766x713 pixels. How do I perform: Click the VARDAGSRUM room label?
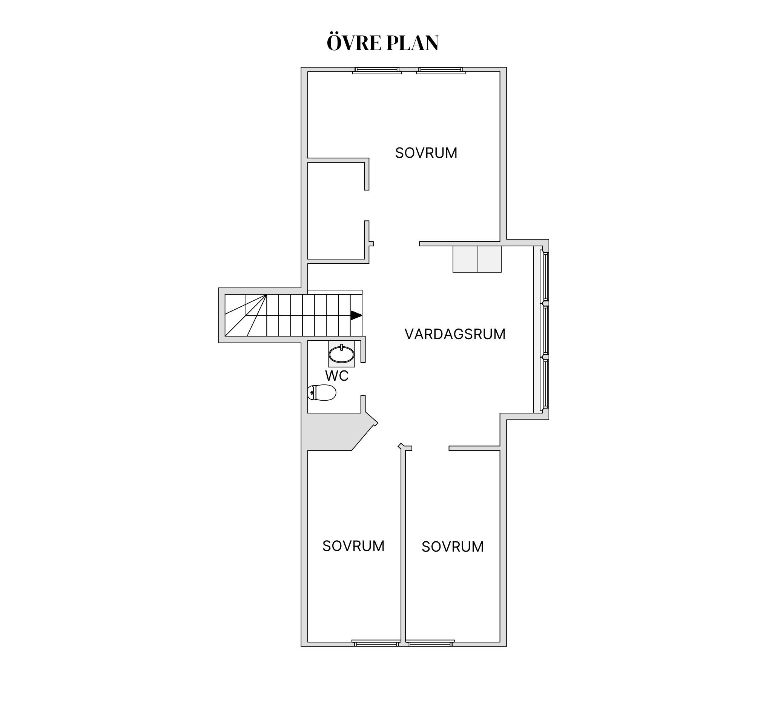pyautogui.click(x=455, y=334)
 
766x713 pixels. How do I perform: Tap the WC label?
pyautogui.click(x=337, y=376)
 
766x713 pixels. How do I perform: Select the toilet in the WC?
pyautogui.click(x=322, y=393)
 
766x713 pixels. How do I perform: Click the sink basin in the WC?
pyautogui.click(x=341, y=354)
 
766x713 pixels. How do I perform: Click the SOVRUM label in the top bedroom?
pyautogui.click(x=426, y=153)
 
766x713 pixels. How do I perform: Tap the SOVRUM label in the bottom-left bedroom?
pyautogui.click(x=353, y=546)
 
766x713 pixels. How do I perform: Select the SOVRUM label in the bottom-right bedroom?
pyautogui.click(x=452, y=547)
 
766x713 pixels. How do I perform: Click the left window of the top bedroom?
pyautogui.click(x=377, y=71)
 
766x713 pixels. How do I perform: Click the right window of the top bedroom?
pyautogui.click(x=441, y=71)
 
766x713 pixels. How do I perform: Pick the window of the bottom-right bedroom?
pyautogui.click(x=430, y=643)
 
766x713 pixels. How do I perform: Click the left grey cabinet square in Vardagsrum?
pyautogui.click(x=465, y=260)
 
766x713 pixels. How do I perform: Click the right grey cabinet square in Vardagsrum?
pyautogui.click(x=489, y=260)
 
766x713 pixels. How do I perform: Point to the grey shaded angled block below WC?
pyautogui.click(x=332, y=432)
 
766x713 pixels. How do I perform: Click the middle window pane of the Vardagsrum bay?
pyautogui.click(x=545, y=329)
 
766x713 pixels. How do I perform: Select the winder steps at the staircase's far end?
pyautogui.click(x=246, y=315)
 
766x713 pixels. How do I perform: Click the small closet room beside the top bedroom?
pyautogui.click(x=336, y=211)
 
